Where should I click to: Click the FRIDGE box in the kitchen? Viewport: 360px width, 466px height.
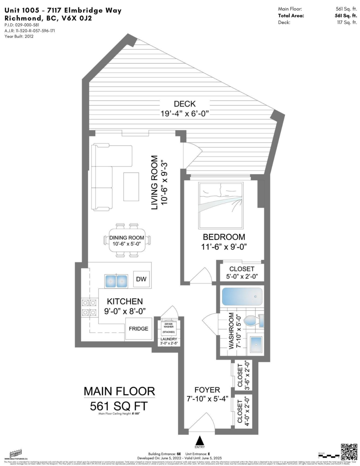tap(139, 329)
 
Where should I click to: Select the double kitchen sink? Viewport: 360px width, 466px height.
tap(116, 280)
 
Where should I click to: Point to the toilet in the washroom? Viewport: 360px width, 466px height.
tap(255, 321)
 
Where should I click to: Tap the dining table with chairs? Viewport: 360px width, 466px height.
tap(127, 240)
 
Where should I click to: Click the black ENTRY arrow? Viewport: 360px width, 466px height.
tap(200, 441)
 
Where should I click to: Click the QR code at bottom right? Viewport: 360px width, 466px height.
tap(348, 451)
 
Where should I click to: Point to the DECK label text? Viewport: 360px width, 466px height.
tap(185, 104)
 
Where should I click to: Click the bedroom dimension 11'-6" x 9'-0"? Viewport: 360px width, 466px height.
tap(224, 247)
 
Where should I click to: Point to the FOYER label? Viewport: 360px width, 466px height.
tap(202, 389)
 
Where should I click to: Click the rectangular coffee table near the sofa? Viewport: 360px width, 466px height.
tap(131, 183)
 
